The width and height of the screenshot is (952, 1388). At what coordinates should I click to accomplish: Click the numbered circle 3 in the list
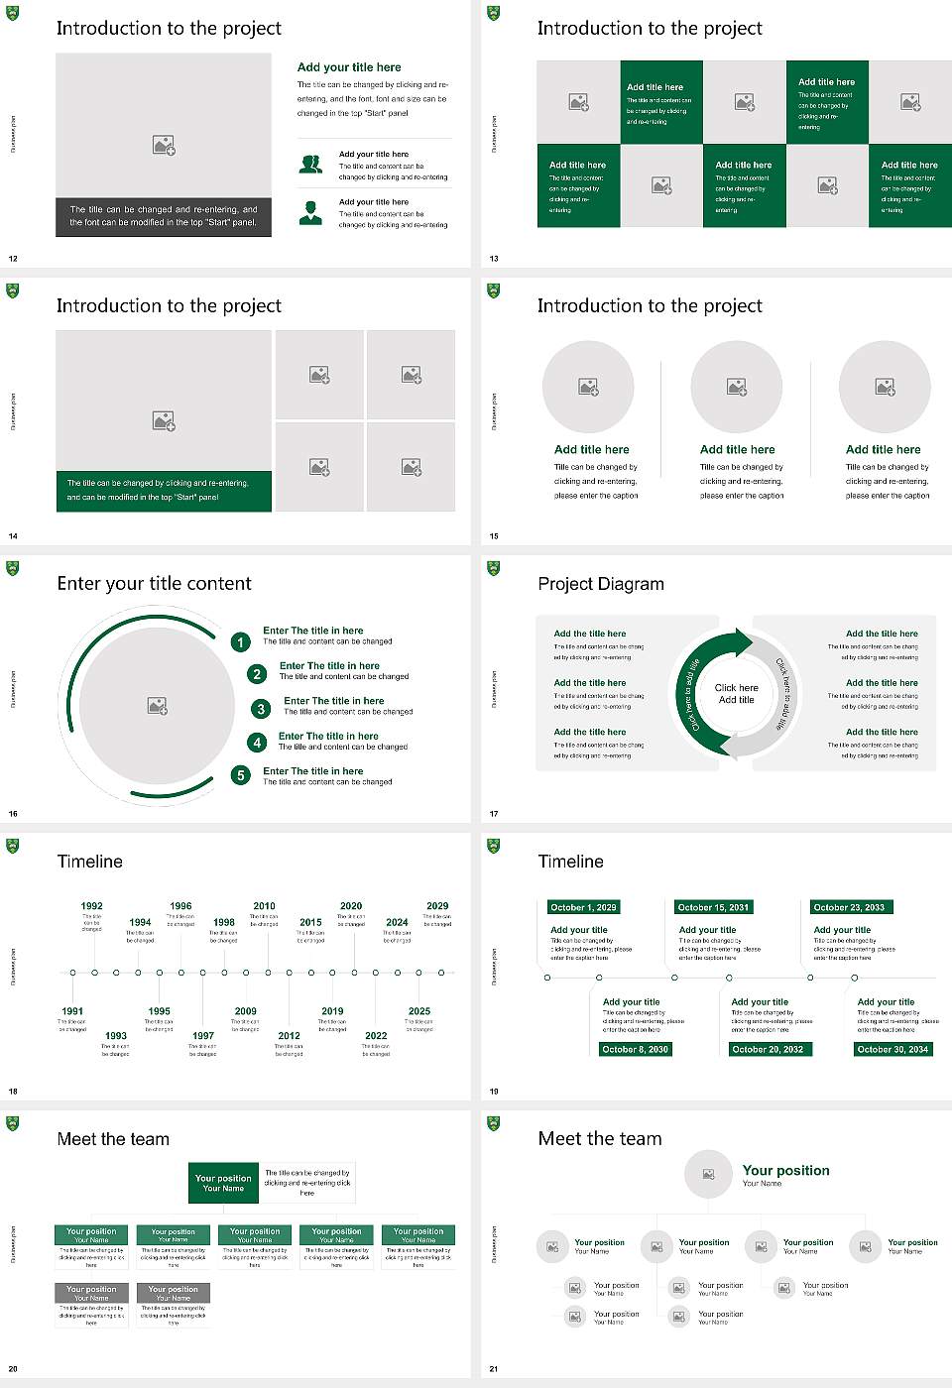point(261,709)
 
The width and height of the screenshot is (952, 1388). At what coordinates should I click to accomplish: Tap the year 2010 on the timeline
point(264,906)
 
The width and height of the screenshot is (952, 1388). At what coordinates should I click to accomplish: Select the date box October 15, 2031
point(713,907)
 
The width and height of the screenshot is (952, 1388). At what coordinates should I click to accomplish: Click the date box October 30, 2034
point(892,1049)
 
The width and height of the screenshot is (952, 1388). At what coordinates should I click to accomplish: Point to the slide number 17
point(494,814)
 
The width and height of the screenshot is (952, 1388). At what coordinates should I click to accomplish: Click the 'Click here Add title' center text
point(736,694)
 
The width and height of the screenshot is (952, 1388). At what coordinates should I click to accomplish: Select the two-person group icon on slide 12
point(310,165)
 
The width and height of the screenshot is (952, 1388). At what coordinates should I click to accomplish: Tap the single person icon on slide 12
point(310,212)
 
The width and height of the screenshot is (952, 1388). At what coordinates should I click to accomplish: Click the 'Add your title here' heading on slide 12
point(349,67)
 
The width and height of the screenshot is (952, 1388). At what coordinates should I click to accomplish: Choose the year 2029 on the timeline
point(437,906)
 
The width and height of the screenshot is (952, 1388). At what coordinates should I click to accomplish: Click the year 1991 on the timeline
point(72,1012)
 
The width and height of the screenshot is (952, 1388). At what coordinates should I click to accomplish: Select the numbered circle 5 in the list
point(241,775)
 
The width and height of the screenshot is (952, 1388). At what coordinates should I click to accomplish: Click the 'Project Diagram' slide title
point(601,584)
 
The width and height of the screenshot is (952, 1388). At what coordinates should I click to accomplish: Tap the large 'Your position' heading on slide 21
point(785,1171)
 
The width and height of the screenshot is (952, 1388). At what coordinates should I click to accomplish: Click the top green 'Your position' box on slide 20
point(223,1183)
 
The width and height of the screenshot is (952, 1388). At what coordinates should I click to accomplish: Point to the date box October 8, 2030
point(636,1049)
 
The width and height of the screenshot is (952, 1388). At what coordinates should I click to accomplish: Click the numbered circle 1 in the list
point(240,642)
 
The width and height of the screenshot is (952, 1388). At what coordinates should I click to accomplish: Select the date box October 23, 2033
point(849,907)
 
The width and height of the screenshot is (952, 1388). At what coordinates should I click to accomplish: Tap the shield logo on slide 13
point(494,14)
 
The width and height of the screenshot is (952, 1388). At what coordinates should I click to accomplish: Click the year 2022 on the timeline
point(376,1036)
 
